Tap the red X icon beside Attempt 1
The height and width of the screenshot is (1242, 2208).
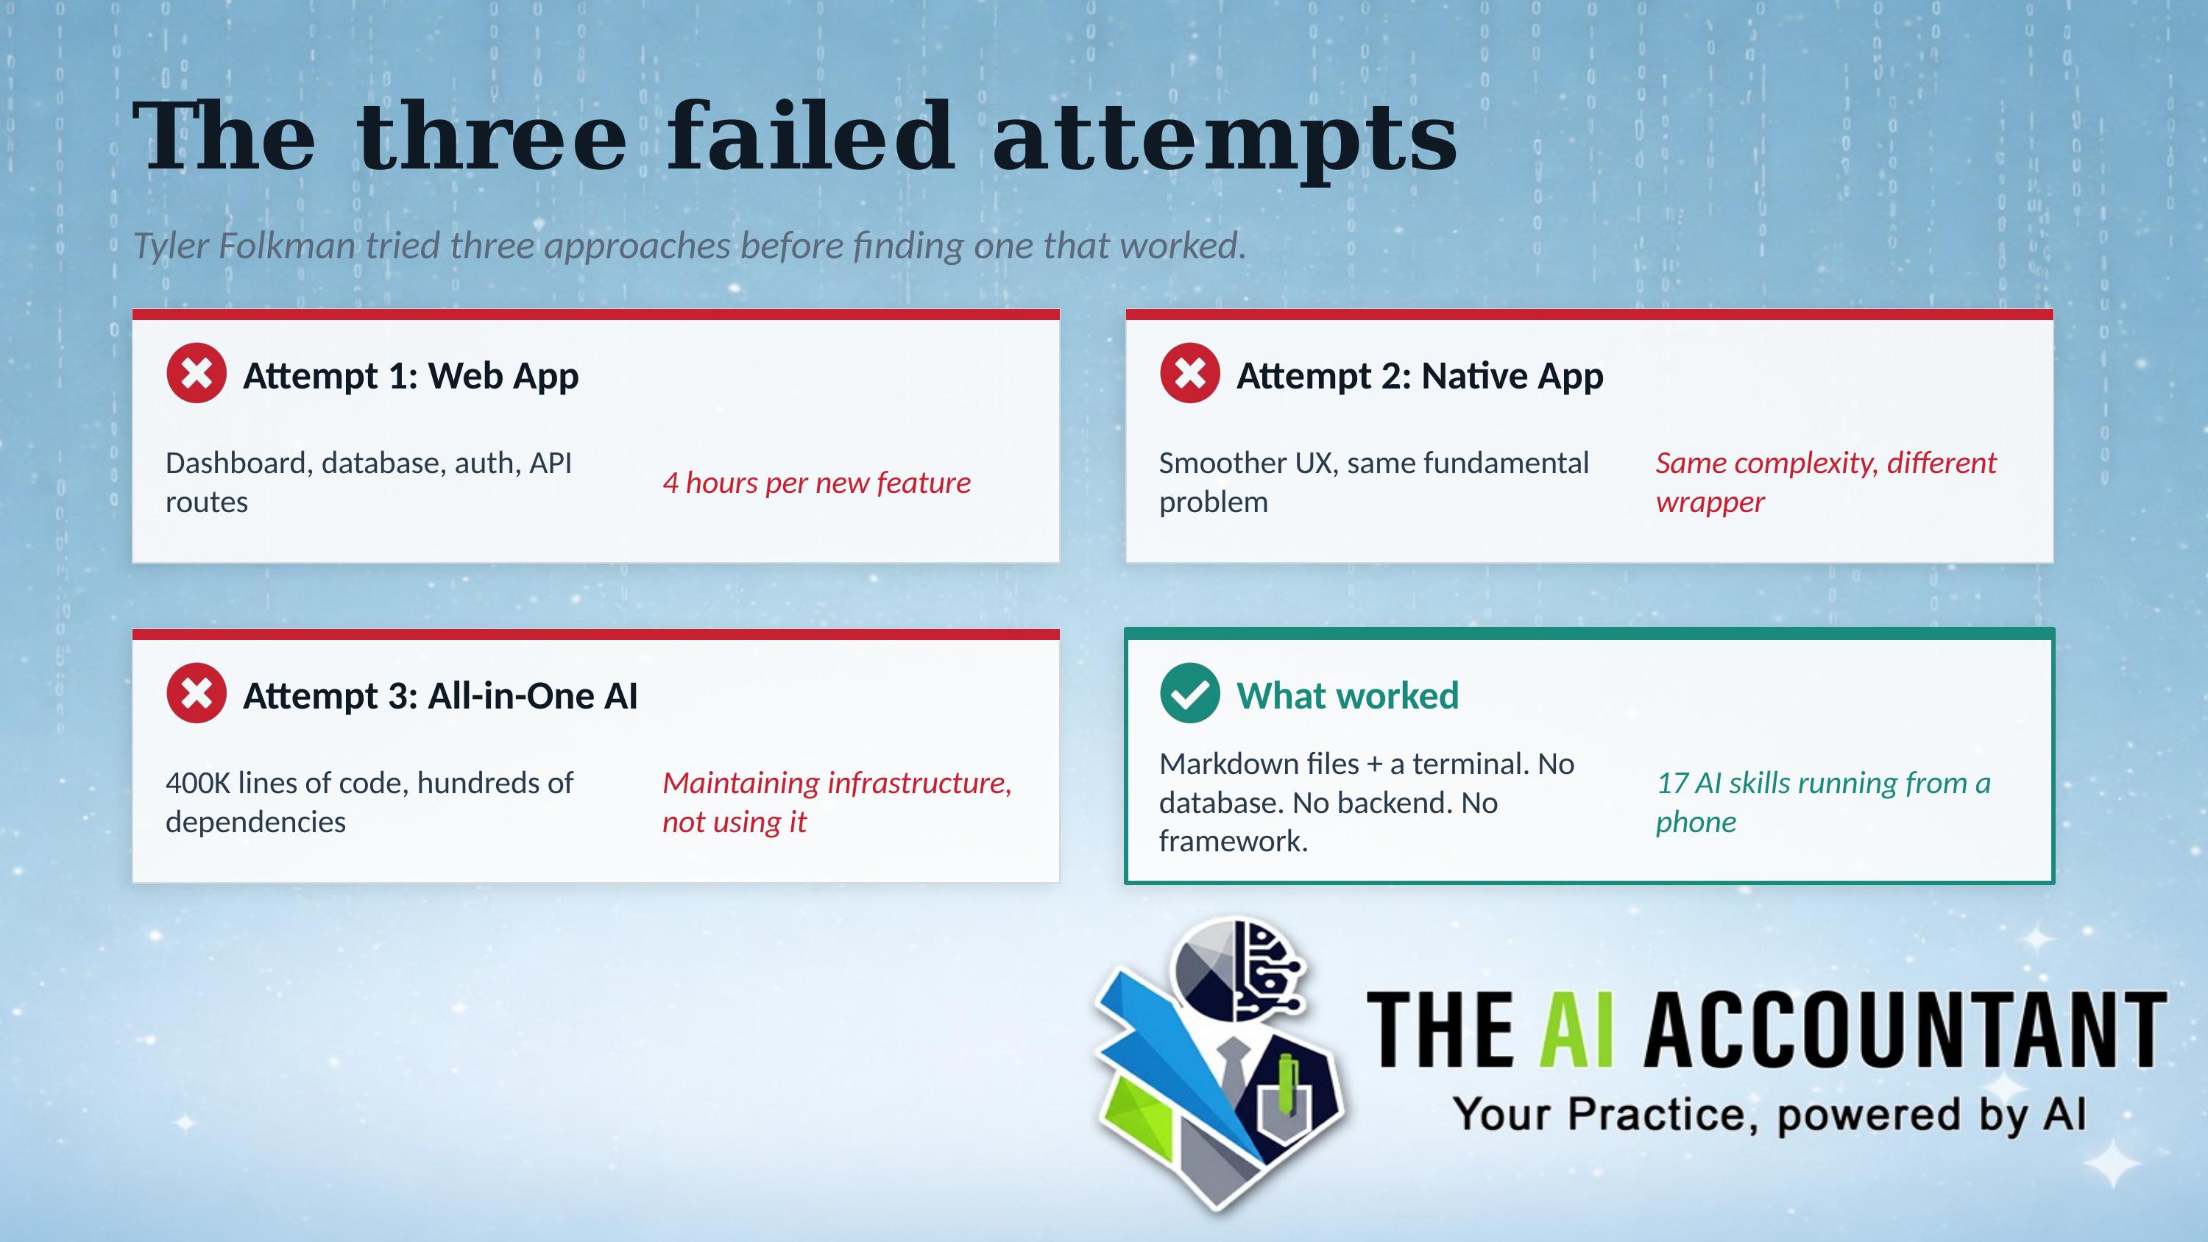[197, 373]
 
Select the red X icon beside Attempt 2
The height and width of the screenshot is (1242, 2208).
[1189, 373]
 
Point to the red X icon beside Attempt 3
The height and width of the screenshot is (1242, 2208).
[197, 692]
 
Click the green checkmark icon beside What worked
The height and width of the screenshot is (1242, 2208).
[1189, 692]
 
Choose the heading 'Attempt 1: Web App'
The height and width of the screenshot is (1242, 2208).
[411, 376]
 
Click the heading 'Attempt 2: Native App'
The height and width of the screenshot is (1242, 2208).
[1420, 376]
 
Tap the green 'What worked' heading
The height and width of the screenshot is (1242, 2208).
[1348, 696]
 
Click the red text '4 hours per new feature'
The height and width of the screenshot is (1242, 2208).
[817, 483]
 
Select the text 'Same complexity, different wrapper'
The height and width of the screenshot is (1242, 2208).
[1826, 482]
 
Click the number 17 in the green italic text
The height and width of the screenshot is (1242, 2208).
[1672, 783]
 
